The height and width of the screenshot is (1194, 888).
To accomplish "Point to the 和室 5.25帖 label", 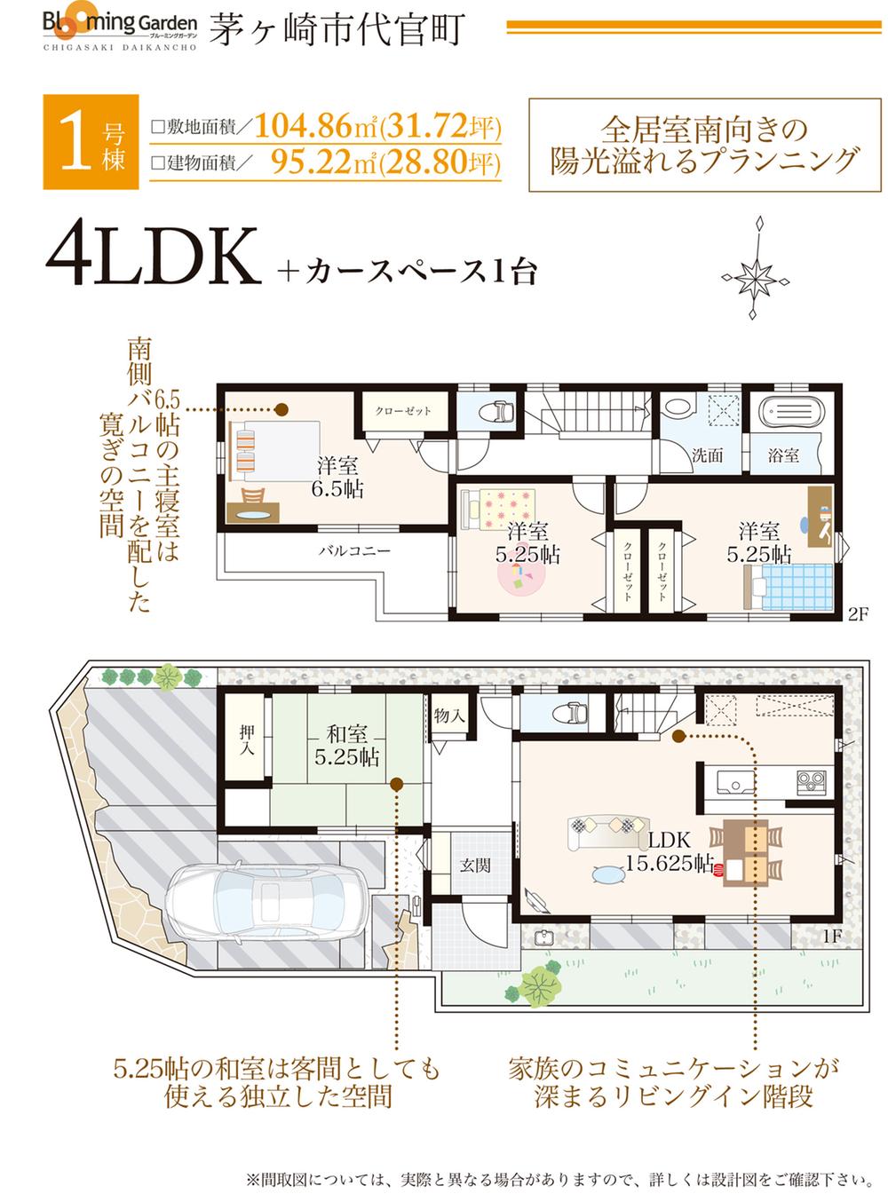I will pyautogui.click(x=348, y=746).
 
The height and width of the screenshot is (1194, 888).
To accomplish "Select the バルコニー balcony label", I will pyautogui.click(x=354, y=550).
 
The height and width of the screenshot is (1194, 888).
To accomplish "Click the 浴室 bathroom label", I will pyautogui.click(x=783, y=455).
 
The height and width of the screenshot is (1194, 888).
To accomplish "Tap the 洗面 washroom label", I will pyautogui.click(x=707, y=455).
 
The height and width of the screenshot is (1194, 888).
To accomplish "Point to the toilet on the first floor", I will pyautogui.click(x=566, y=712).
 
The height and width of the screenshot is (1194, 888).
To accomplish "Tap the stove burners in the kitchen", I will pyautogui.click(x=812, y=781).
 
